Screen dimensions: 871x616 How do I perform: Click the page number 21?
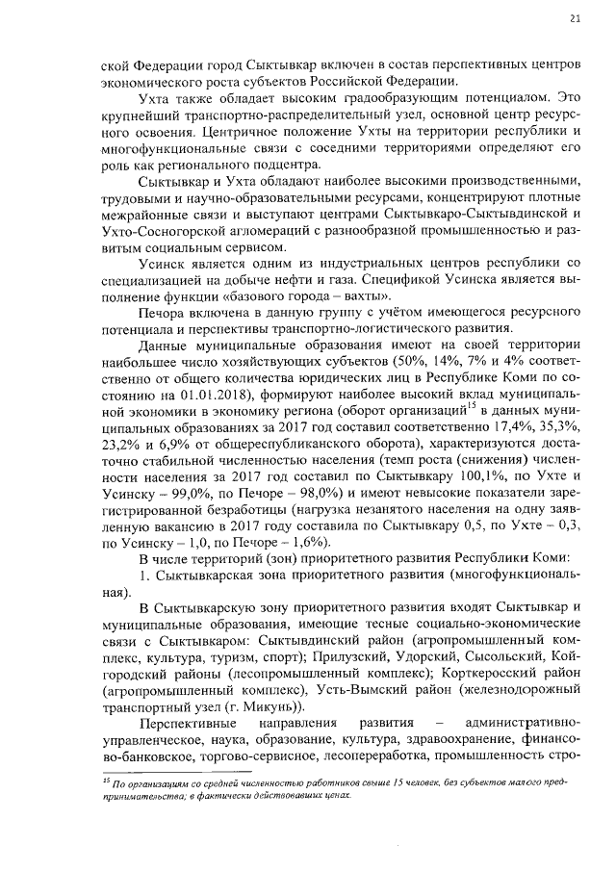tap(576, 16)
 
